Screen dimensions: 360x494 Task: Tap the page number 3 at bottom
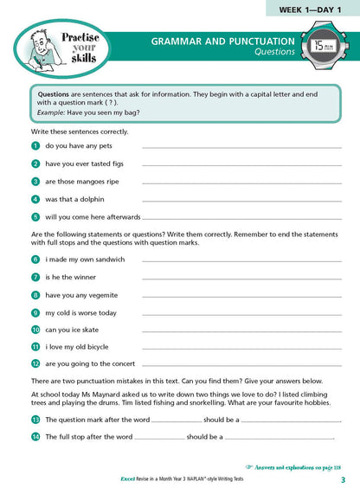[x=343, y=481]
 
